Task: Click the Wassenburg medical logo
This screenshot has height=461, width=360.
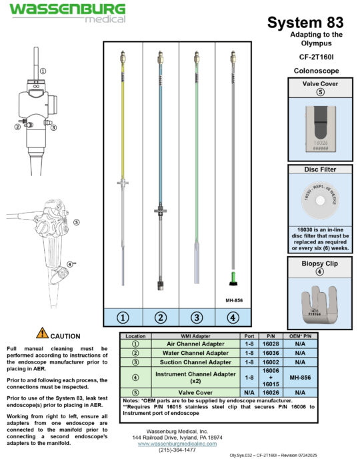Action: (67, 11)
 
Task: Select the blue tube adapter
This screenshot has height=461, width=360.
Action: (158, 133)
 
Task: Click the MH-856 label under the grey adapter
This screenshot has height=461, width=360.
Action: (233, 300)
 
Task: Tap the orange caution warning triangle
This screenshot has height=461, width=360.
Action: (42, 332)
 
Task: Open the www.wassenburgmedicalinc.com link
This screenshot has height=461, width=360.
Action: (179, 443)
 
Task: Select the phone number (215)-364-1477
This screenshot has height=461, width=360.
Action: (179, 450)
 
